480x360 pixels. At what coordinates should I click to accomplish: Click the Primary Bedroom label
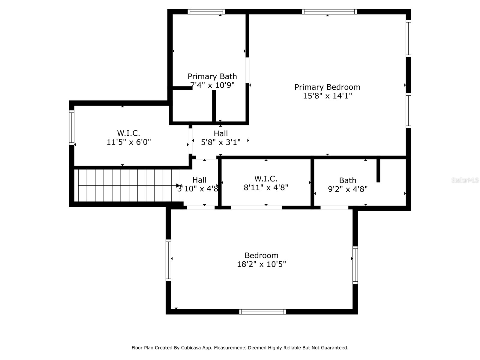[x=327, y=87]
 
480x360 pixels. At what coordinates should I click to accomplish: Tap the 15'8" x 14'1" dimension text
[x=327, y=96]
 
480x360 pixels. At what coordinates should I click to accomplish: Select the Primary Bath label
[x=212, y=76]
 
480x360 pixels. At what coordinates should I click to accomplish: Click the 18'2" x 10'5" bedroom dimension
[x=261, y=264]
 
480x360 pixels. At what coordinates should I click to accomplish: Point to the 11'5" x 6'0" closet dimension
[x=129, y=142]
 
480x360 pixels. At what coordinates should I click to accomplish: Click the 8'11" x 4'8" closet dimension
[x=266, y=187]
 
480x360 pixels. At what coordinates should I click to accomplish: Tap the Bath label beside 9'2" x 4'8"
[x=348, y=181]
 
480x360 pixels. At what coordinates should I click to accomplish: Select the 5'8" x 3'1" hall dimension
[x=221, y=142]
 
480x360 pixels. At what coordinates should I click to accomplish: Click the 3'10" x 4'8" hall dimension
[x=198, y=189]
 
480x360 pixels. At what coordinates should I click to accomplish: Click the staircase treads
[x=126, y=185]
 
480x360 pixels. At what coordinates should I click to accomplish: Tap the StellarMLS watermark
[x=465, y=180]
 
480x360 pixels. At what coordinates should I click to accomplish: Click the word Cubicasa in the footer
[x=192, y=348]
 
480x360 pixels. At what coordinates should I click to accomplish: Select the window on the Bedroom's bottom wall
[x=262, y=312]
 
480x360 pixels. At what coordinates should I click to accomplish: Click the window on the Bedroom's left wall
[x=168, y=260]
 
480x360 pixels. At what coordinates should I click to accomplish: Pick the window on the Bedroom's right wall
[x=355, y=265]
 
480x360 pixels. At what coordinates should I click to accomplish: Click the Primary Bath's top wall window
[x=206, y=12]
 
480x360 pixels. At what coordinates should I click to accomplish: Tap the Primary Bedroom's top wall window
[x=329, y=12]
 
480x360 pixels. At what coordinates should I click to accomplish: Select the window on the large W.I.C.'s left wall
[x=72, y=127]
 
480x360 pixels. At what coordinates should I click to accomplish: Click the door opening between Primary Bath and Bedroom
[x=247, y=70]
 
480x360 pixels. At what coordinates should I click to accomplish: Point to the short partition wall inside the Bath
[x=378, y=170]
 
